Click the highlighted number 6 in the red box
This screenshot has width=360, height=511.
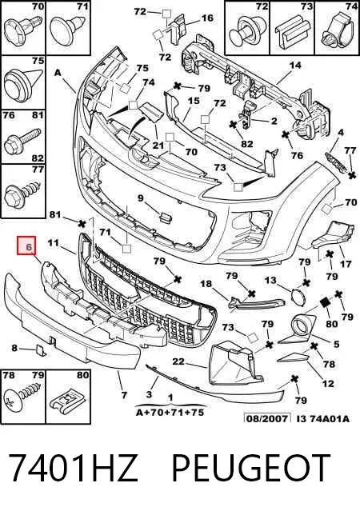tap(29, 246)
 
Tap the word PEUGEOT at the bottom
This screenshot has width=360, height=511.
tap(250, 468)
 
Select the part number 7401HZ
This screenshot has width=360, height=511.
tap(72, 468)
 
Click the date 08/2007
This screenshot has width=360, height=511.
tap(267, 418)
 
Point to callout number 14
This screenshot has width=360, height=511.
tap(295, 66)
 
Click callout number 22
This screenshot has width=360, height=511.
tap(178, 361)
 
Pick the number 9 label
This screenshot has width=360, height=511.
tap(140, 198)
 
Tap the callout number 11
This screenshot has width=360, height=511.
tap(53, 242)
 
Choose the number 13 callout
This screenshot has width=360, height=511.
tap(270, 280)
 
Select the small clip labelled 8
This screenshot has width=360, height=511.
tap(41, 349)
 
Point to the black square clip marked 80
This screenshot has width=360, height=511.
tap(326, 303)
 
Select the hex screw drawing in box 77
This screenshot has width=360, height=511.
tap(23, 194)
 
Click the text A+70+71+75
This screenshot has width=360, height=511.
tap(170, 412)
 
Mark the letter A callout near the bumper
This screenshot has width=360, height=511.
tap(58, 73)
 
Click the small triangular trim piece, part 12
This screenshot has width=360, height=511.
tap(294, 358)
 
